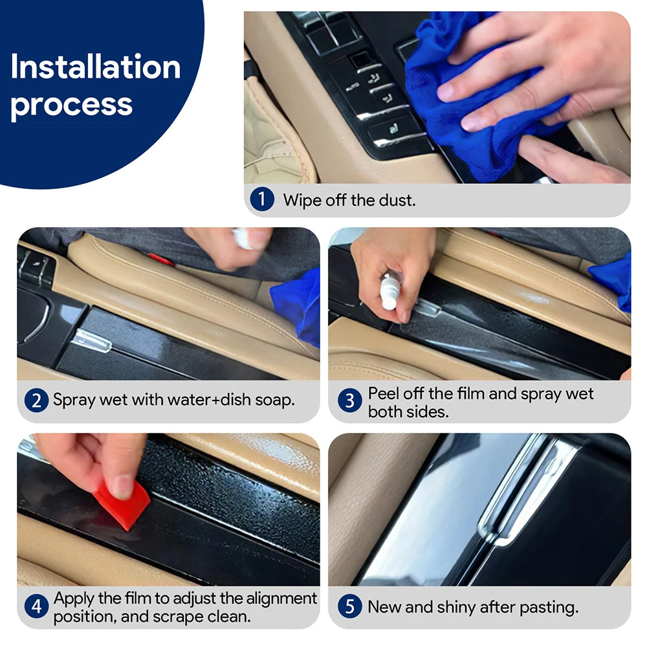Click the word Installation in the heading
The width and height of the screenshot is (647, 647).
[x=95, y=67]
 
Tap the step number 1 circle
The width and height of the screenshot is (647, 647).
[x=262, y=199]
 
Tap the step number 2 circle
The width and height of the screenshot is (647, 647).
[x=36, y=400]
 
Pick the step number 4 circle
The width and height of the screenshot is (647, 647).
[x=36, y=606]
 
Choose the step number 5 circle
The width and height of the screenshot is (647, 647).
[x=349, y=606]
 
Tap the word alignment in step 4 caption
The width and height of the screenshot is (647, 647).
[x=276, y=598]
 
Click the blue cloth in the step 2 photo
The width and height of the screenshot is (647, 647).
[x=296, y=304]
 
